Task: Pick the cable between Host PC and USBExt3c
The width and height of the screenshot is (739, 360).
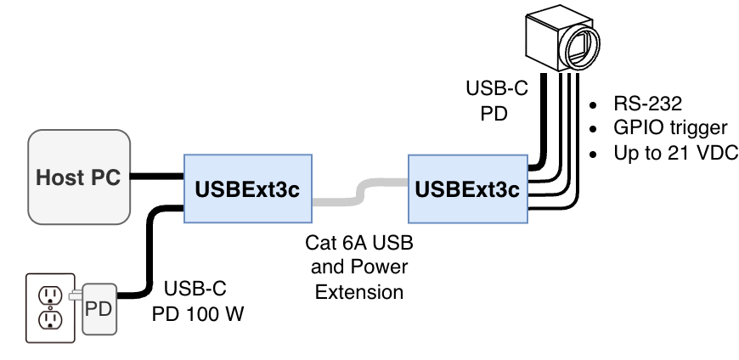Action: pos(155,177)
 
